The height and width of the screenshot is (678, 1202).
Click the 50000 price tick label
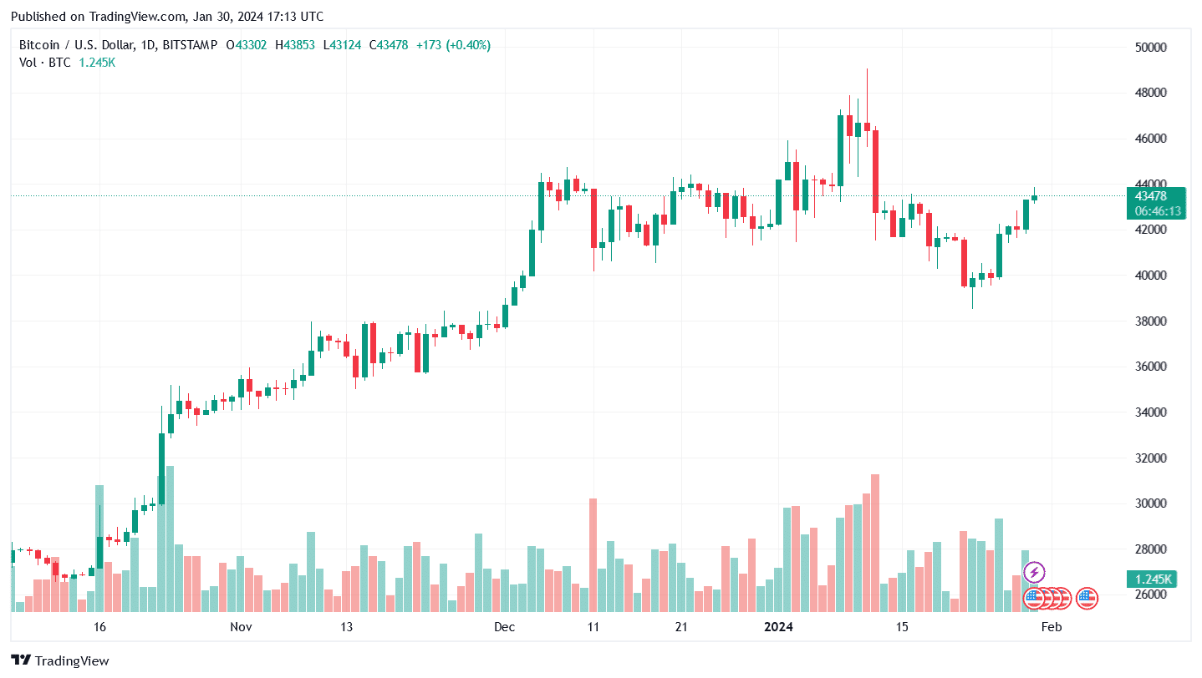pos(1149,48)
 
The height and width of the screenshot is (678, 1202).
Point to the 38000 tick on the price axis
pos(1149,321)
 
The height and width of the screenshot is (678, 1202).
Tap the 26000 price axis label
pos(1149,595)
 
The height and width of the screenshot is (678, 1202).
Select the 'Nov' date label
pos(241,627)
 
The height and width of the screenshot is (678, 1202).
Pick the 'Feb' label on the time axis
pos(1051,627)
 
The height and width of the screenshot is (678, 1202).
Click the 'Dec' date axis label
pos(505,627)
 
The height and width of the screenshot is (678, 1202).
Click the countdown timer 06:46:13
pos(1158,211)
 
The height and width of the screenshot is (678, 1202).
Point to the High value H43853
pos(299,45)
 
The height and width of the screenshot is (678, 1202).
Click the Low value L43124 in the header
pos(346,45)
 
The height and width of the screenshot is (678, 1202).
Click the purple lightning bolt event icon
pos(1034,573)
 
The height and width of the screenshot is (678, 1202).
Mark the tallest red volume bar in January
pos(875,543)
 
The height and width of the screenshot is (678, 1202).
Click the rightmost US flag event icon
pos(1087,598)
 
